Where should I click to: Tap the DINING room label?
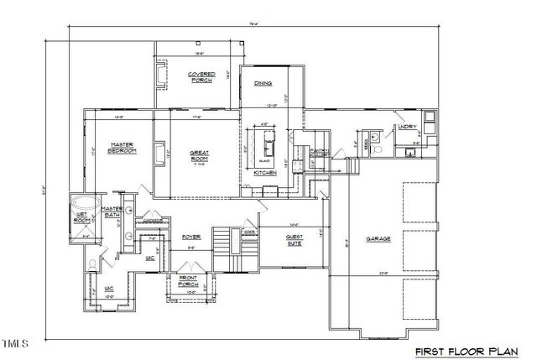261,82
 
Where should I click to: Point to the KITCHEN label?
265,173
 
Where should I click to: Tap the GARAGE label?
378,239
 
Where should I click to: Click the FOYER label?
191,237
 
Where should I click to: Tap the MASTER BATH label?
112,212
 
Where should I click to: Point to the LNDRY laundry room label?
406,127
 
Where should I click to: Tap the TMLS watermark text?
16,342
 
